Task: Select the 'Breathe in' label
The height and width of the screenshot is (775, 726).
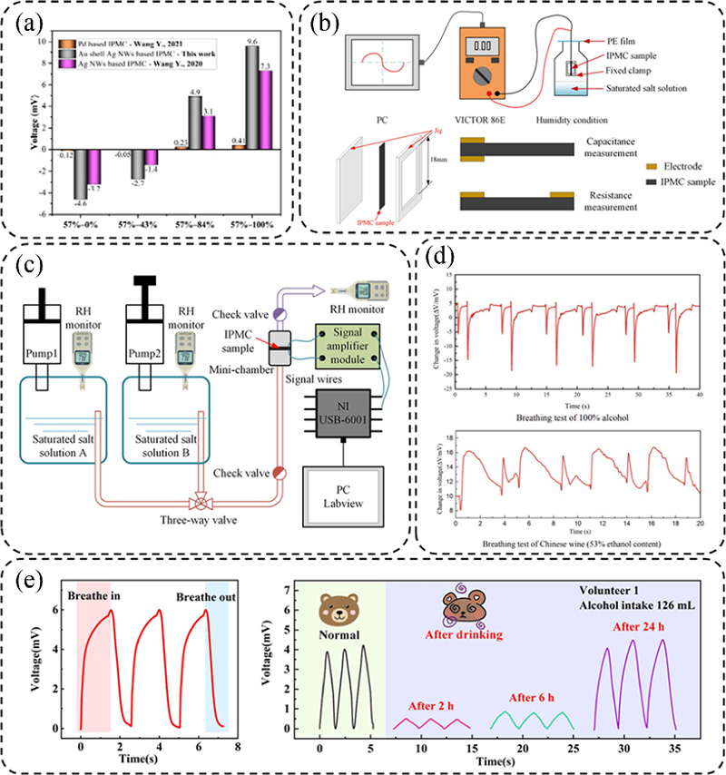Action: [96, 595]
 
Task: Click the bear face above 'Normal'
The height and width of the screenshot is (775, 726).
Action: [339, 611]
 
